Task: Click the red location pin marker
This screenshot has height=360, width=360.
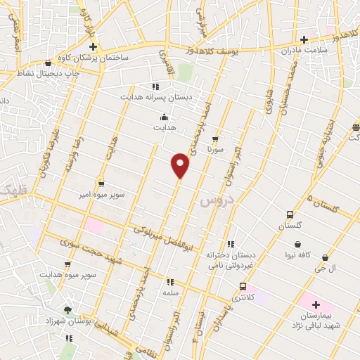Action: coord(181,165)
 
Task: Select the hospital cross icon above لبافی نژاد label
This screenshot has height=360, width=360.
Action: coord(316,305)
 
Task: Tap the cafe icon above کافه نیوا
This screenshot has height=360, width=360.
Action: coord(298,244)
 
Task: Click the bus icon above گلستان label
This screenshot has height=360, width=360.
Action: coord(290,214)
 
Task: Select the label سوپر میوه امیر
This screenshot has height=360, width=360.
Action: coord(101,193)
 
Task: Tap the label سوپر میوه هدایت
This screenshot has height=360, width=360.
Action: coord(67,274)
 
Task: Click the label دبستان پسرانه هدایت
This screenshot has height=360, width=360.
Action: coord(155,97)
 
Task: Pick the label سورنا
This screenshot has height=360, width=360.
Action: coord(214,149)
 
